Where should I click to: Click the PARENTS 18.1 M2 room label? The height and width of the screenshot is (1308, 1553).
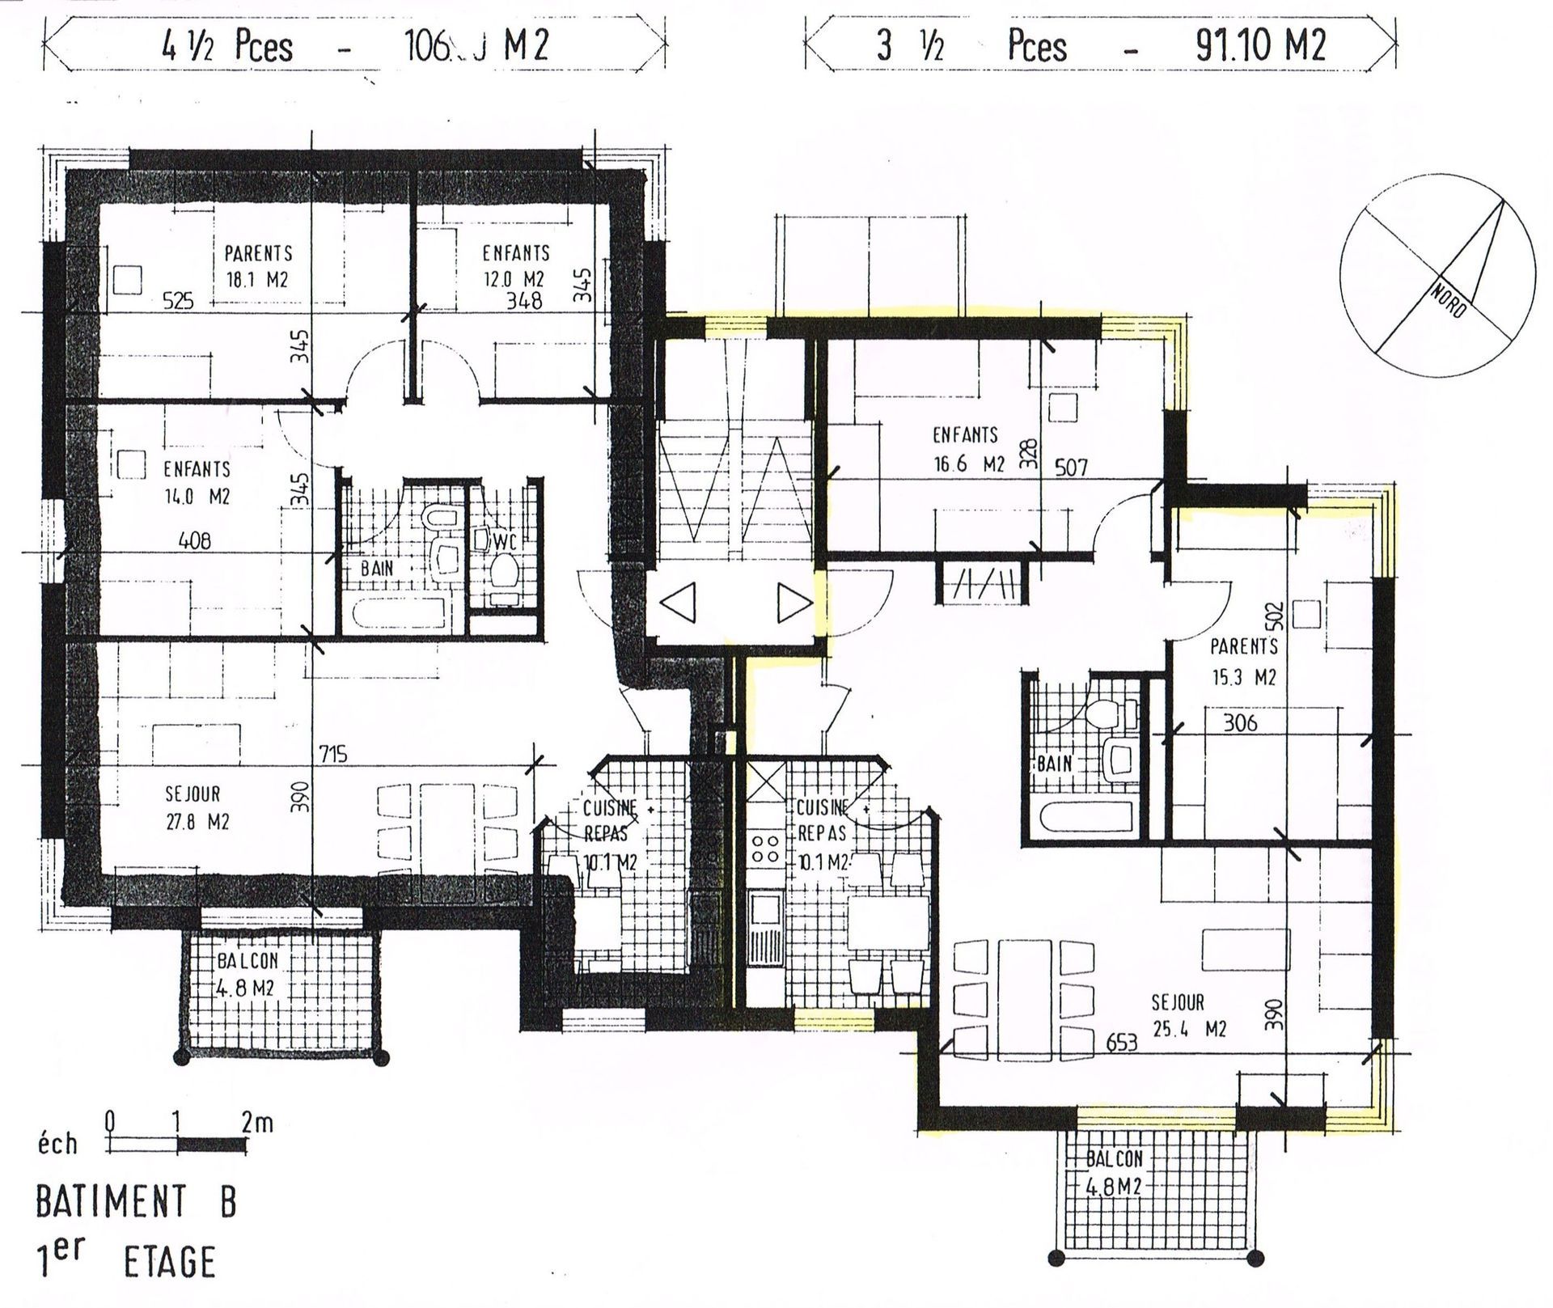pos(257,266)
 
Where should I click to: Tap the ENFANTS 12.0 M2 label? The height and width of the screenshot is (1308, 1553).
pos(515,265)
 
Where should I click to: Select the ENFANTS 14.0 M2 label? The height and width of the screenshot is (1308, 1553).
pos(197,482)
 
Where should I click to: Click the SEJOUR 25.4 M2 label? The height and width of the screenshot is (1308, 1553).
pos(1188,1015)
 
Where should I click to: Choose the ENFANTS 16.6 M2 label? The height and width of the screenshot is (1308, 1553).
pos(967,449)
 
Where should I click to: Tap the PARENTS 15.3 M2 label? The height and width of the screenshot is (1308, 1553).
pos(1243,661)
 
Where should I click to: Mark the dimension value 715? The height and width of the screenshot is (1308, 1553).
pos(332,754)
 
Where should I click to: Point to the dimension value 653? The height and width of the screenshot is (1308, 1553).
pos(1121,1043)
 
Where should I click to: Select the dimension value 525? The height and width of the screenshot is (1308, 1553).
pos(178,301)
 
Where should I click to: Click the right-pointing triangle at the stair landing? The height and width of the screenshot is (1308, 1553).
pos(794,603)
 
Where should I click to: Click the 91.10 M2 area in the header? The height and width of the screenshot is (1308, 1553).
pos(1261,45)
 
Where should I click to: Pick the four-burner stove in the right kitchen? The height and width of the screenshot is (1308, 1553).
pos(765,849)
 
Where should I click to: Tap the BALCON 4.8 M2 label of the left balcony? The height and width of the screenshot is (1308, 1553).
pos(248,974)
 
